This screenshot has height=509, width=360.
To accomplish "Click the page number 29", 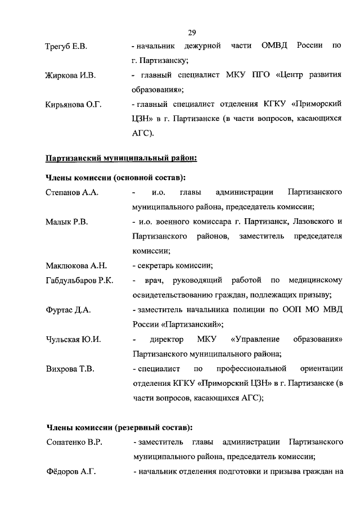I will pyautogui.click(x=192, y=31).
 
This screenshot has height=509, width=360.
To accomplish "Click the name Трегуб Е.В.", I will pyautogui.click(x=66, y=46).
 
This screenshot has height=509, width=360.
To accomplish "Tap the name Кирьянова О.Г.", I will pyautogui.click(x=73, y=104).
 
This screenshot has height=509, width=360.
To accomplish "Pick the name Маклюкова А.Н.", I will pyautogui.click(x=76, y=265).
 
